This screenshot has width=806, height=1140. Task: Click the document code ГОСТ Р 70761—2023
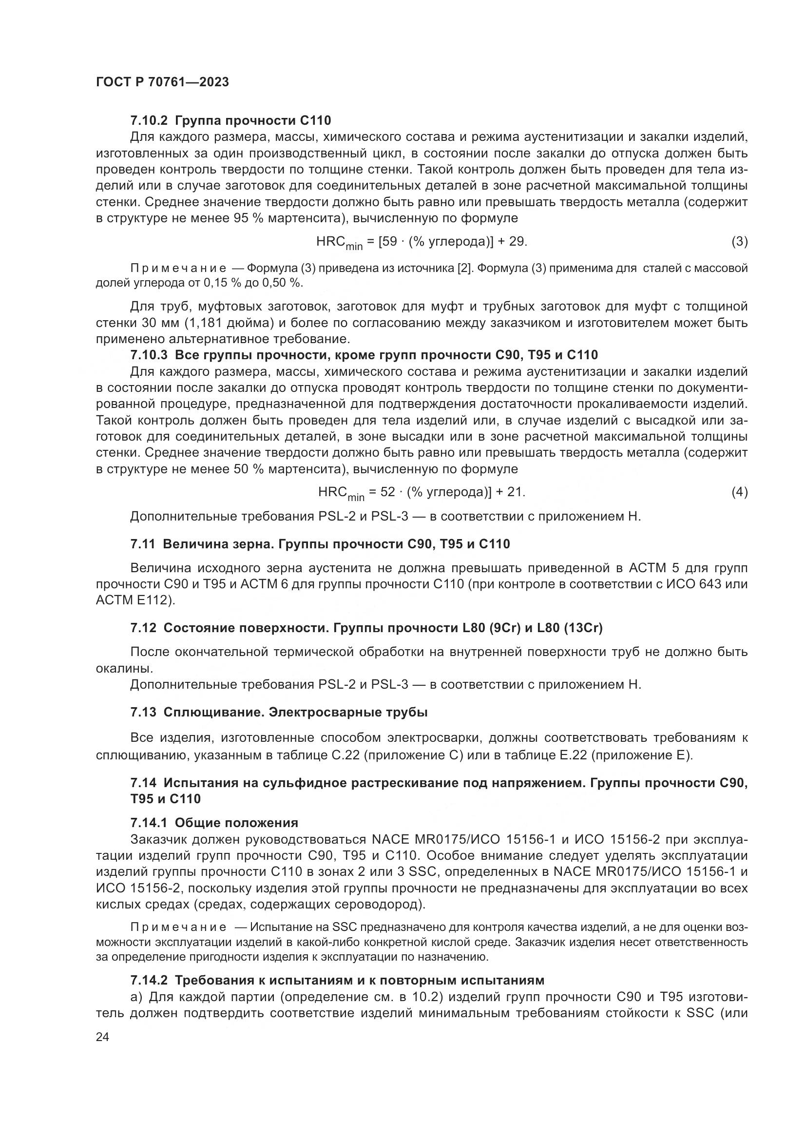162,82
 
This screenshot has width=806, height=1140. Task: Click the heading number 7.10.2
150,120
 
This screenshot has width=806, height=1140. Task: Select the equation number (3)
740,242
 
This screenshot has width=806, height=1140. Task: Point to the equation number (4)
740,492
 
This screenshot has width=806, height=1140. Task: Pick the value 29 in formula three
517,242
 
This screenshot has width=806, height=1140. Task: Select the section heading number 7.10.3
150,355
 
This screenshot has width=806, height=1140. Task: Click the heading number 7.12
143,628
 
